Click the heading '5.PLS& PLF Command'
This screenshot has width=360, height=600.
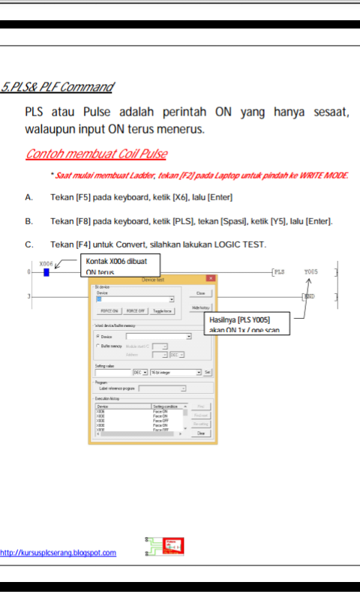[x=57, y=88]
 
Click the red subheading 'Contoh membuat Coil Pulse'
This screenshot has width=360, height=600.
[x=97, y=154]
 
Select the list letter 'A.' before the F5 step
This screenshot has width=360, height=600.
[x=29, y=197]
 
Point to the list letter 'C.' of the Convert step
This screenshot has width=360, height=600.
[x=29, y=244]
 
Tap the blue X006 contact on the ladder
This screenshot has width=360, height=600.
[x=46, y=271]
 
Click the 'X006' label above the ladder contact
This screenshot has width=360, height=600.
[x=46, y=263]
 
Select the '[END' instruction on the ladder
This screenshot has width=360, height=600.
[x=308, y=297]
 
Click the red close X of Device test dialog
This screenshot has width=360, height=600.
[x=210, y=278]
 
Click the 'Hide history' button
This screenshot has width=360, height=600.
[x=200, y=307]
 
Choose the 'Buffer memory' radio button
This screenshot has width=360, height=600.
[x=98, y=346]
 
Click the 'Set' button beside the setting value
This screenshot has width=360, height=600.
[x=208, y=372]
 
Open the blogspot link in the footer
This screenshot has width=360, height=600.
[x=58, y=553]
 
